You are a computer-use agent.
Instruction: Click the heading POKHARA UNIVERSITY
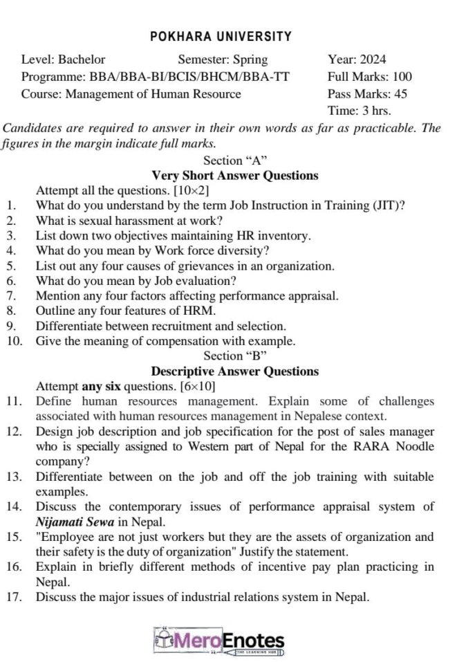click(221, 36)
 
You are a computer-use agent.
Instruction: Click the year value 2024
click(373, 59)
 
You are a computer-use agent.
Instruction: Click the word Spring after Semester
click(250, 59)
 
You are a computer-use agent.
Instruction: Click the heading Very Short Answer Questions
click(235, 176)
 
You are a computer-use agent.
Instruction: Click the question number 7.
click(11, 296)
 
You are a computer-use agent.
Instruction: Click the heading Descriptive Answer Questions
click(235, 371)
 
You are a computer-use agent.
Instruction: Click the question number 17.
click(15, 597)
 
